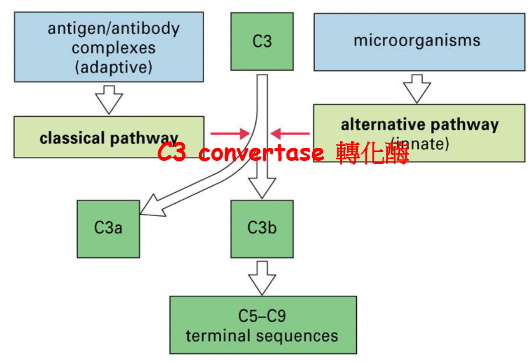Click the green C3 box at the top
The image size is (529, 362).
(x=262, y=41)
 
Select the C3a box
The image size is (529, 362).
(x=108, y=229)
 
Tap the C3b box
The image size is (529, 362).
(x=262, y=228)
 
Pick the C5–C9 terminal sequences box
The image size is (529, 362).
(x=262, y=325)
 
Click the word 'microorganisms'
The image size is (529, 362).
(x=417, y=40)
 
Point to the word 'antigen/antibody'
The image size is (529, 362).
(x=113, y=28)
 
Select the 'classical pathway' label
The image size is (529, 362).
(x=109, y=138)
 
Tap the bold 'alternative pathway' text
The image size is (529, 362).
(x=420, y=124)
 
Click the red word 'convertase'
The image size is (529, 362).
(x=261, y=152)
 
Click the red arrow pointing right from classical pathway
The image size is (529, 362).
(x=230, y=134)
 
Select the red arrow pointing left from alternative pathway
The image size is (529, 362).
(x=290, y=134)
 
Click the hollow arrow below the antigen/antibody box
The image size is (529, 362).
(x=109, y=99)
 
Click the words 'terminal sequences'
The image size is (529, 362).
(x=262, y=335)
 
